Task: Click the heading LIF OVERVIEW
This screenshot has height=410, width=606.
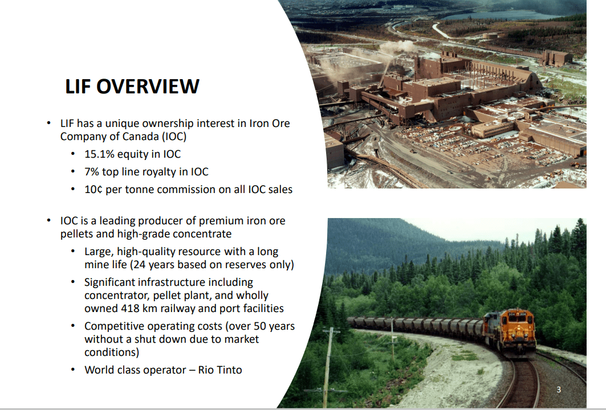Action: [132, 87]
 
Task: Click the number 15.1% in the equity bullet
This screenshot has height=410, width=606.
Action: [99, 154]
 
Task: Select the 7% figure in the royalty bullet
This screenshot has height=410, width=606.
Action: [91, 172]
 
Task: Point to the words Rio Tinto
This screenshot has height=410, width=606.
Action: [220, 370]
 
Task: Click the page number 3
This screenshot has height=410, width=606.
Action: [559, 389]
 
